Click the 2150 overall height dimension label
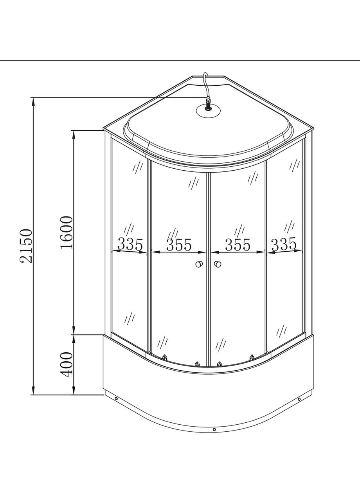(x=27, y=246)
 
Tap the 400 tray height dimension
(x=67, y=364)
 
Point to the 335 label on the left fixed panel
(x=130, y=245)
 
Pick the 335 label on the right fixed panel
(x=284, y=245)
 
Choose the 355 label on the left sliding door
(x=179, y=245)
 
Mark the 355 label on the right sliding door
(x=238, y=245)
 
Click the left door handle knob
(x=200, y=265)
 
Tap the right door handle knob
(x=217, y=265)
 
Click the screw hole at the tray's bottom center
(x=214, y=429)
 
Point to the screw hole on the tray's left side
(x=116, y=399)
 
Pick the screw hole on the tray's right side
(x=299, y=399)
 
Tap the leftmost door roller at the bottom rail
(x=165, y=357)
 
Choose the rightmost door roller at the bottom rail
(x=252, y=357)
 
